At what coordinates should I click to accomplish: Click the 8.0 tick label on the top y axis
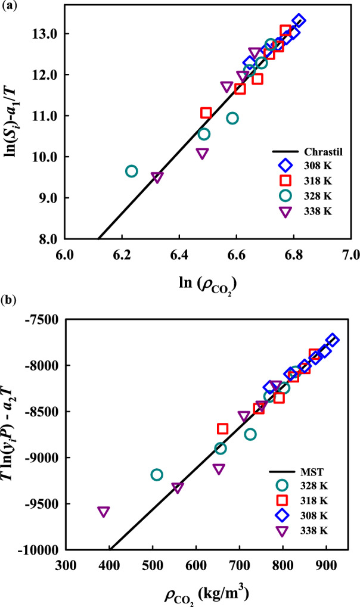(x=48, y=239)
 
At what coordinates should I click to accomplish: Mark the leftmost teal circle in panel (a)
(x=132, y=172)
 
